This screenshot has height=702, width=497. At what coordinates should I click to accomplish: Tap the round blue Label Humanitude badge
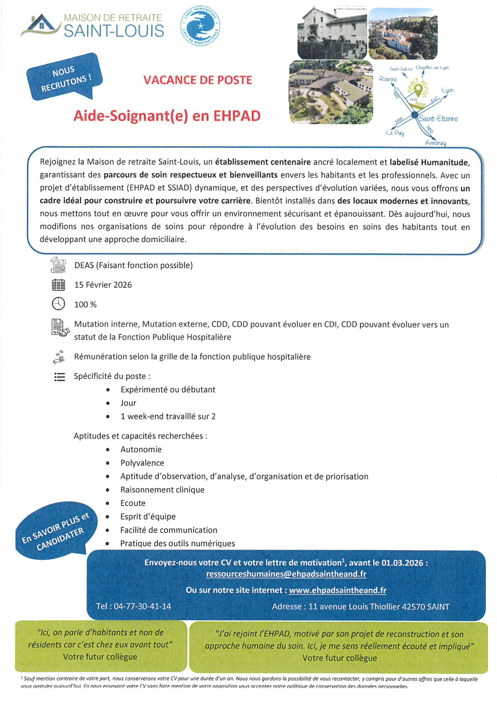[x=200, y=26]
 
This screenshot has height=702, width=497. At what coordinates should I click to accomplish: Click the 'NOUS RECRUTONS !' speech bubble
[x=64, y=76]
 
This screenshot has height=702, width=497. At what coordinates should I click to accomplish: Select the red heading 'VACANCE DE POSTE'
[x=198, y=80]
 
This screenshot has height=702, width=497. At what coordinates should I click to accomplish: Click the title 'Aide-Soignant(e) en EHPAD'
[x=167, y=116]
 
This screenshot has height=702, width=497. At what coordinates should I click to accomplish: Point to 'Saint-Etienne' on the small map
[x=438, y=118]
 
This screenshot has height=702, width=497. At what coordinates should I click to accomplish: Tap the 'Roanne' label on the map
[x=388, y=79]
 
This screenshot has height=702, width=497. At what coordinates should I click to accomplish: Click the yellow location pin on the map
[x=418, y=90]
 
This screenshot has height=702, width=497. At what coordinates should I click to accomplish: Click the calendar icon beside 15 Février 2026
[x=58, y=285]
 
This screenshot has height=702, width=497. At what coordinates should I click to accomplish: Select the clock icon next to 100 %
[x=58, y=304]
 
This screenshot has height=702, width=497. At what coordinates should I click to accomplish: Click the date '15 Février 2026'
[x=103, y=285]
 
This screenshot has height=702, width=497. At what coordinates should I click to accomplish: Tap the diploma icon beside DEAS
[x=58, y=265]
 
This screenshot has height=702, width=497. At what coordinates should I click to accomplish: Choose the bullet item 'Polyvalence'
[x=142, y=463]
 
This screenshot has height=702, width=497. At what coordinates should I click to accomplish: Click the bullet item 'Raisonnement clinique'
[x=162, y=489]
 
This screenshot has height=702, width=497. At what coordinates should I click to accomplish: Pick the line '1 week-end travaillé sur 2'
[x=168, y=416]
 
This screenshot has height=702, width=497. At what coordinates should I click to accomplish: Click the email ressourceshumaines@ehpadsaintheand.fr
[x=286, y=574]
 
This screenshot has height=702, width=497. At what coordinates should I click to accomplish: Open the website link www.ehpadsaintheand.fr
[x=337, y=590]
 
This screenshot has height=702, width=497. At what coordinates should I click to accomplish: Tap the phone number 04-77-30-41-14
[x=142, y=606]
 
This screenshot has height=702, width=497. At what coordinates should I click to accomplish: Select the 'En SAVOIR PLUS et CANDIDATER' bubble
[x=54, y=532]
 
